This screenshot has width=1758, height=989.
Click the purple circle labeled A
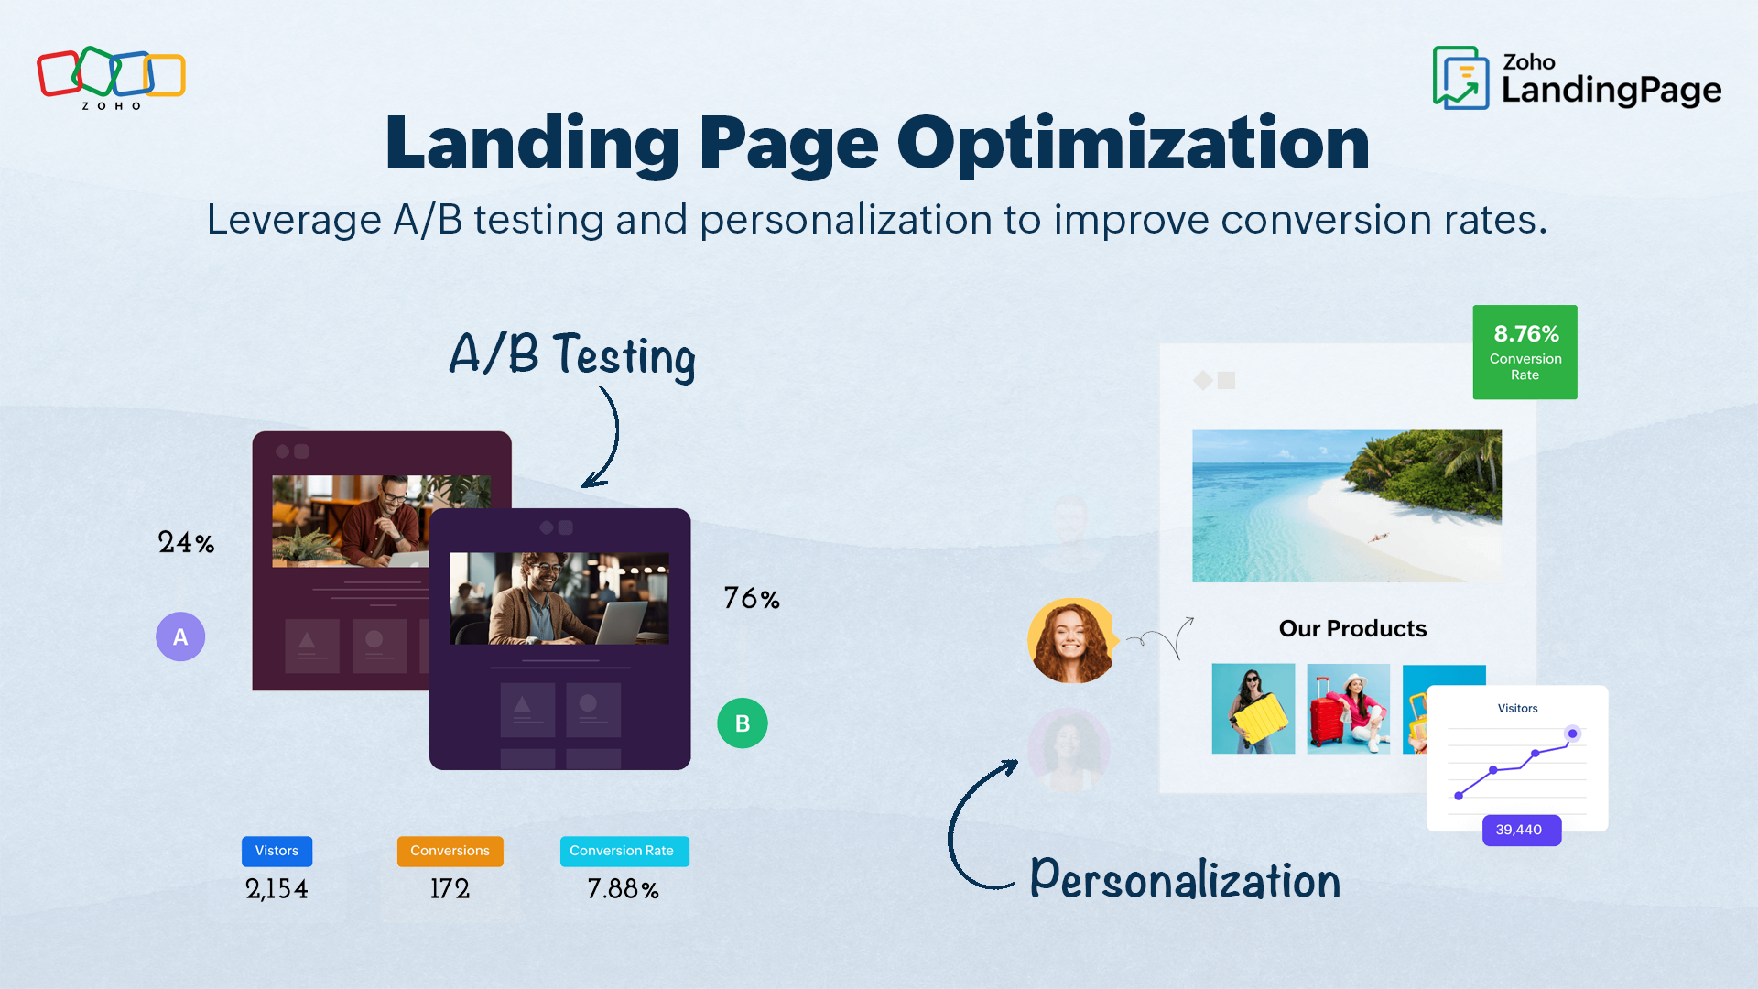180,636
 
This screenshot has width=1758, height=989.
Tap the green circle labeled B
743,723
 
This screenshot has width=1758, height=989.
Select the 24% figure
186,542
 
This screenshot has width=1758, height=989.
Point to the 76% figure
752,599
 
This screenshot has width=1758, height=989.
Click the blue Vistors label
277,851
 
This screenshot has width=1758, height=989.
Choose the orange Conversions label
450,851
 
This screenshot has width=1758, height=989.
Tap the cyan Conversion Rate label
624,851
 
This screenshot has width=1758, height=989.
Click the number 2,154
277,888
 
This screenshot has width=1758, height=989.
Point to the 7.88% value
623,888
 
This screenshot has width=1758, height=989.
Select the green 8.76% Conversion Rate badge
1525,353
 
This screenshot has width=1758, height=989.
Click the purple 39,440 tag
1520,830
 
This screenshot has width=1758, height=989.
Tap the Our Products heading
1352,628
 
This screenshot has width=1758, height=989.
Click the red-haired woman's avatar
1071,641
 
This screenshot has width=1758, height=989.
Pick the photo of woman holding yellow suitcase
1253,709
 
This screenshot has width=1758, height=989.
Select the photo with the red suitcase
1348,709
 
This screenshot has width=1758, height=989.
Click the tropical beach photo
1346,505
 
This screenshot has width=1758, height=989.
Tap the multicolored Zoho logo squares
111,73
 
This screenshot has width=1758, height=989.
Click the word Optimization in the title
1133,144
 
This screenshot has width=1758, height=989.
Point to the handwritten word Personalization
1185,880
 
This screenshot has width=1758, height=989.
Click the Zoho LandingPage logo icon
1460,79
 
